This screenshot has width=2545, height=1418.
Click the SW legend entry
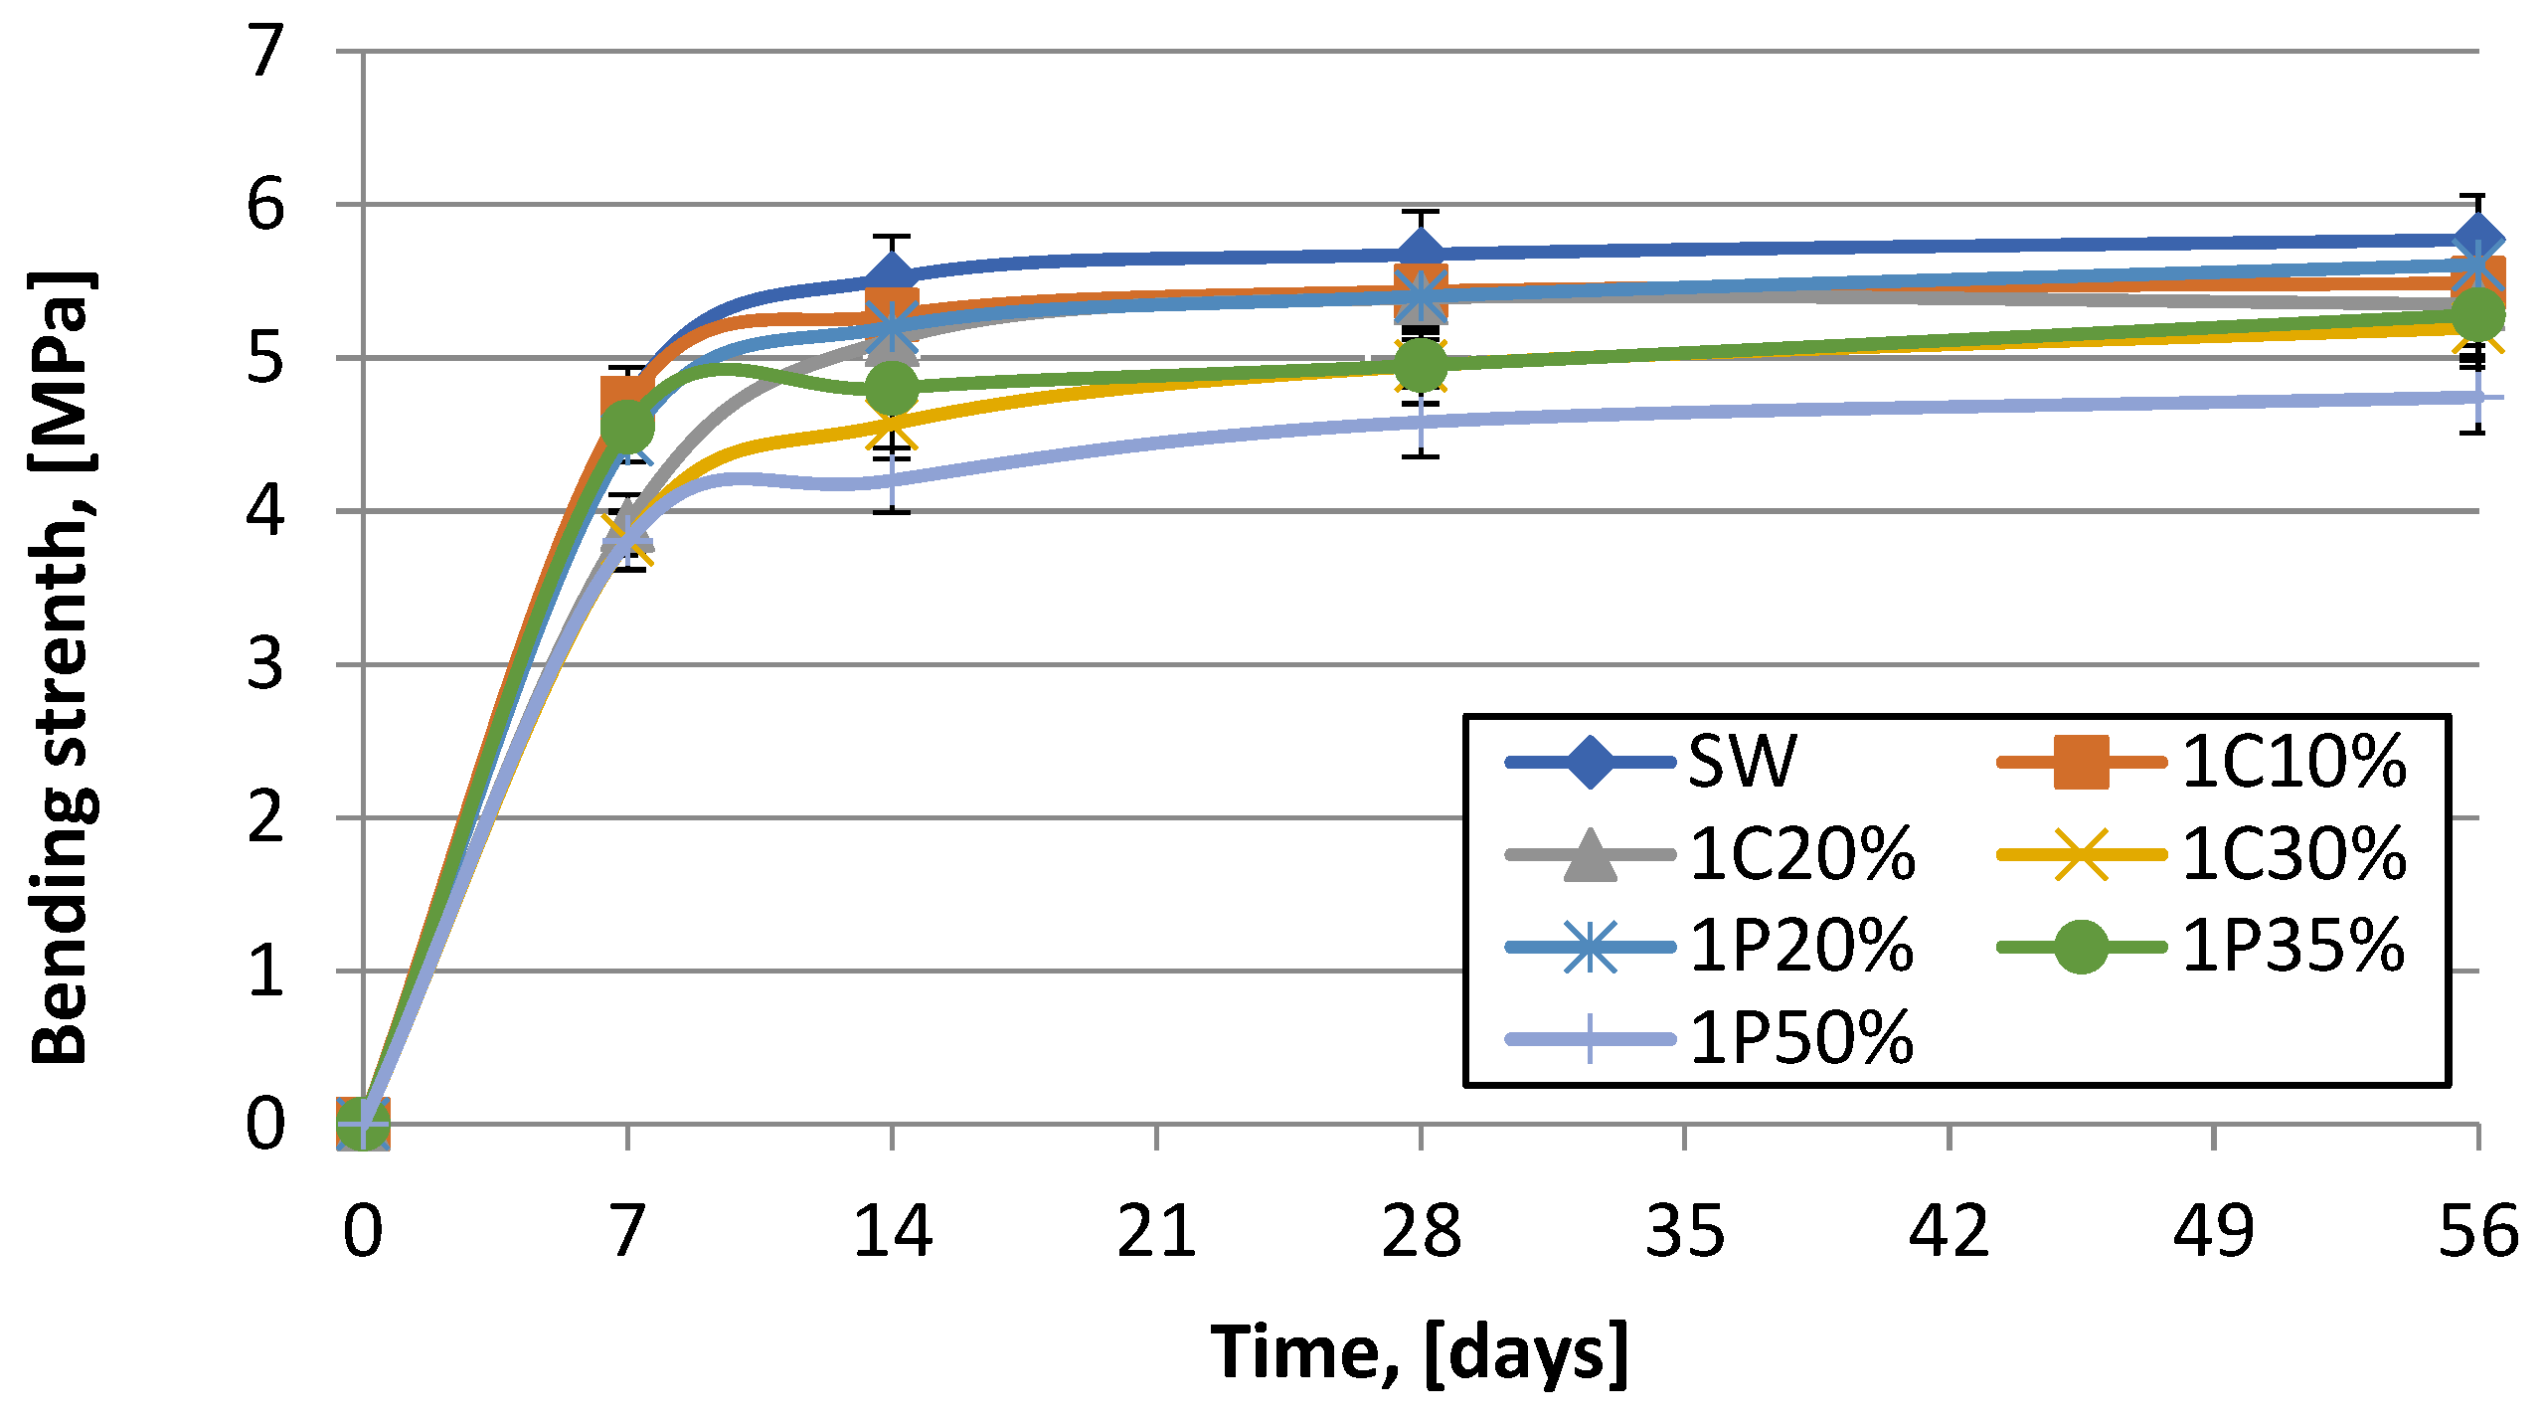pos(1650,763)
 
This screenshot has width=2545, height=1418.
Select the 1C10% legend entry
pos(2202,763)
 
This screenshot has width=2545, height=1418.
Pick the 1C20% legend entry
pos(1710,854)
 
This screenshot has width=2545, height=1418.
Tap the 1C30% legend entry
pos(2202,854)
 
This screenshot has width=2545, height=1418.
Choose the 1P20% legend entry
pos(1710,947)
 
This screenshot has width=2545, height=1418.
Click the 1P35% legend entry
pos(2202,947)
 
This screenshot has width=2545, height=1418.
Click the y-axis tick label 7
pos(265,51)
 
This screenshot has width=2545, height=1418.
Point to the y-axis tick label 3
pos(265,664)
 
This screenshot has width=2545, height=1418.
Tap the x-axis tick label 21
pos(1156,1231)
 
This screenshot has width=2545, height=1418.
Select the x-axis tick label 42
pos(1950,1231)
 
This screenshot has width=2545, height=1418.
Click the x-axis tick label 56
pos(2478,1231)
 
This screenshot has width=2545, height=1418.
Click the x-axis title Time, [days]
pos(1420,1352)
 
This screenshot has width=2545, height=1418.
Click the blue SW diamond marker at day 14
pos(892,277)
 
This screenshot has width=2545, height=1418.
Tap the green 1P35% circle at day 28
pos(1421,365)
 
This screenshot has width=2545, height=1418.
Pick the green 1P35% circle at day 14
pos(892,389)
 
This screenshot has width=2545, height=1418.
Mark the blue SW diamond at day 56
pos(2478,240)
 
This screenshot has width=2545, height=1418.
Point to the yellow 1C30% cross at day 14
pos(892,425)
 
